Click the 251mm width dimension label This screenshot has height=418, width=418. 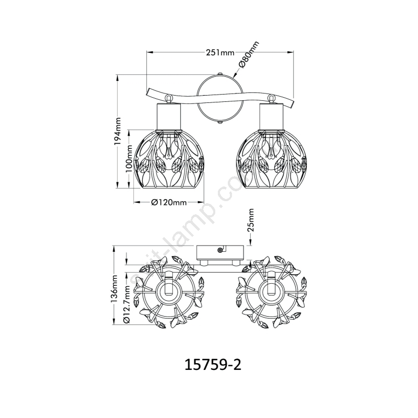(x=220, y=53)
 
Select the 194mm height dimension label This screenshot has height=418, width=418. (x=118, y=132)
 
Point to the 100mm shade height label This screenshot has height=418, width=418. (x=129, y=159)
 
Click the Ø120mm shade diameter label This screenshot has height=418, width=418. (x=169, y=203)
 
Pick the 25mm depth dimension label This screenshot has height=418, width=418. (x=251, y=220)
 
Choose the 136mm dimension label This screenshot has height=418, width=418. (x=114, y=288)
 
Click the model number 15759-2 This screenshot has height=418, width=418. (x=213, y=365)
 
